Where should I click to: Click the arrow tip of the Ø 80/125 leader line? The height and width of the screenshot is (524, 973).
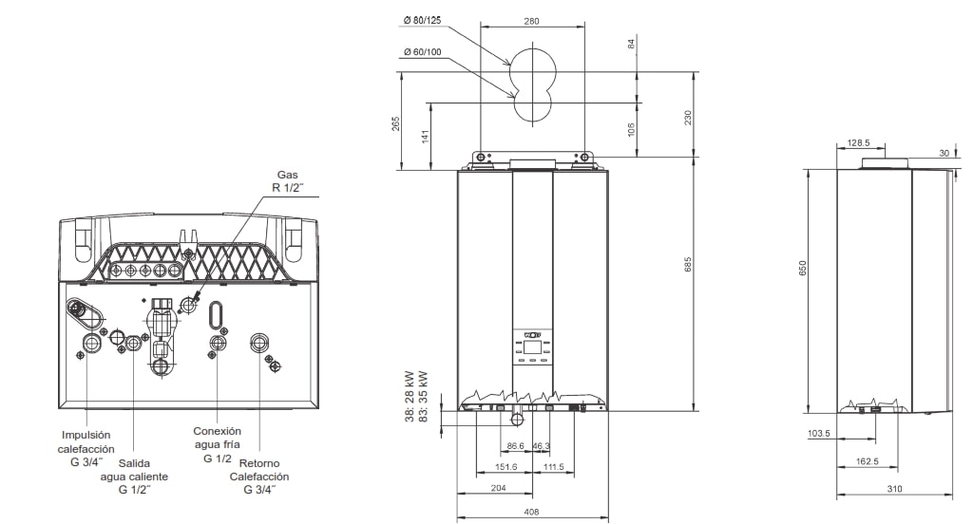pyautogui.click(x=510, y=65)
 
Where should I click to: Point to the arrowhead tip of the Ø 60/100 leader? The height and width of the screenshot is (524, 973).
pyautogui.click(x=515, y=98)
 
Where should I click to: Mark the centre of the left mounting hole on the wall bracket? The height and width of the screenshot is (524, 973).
pyautogui.click(x=480, y=158)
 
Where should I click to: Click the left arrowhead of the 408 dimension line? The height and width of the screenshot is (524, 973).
pyautogui.click(x=458, y=517)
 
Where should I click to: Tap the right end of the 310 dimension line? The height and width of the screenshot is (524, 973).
pyautogui.click(x=951, y=495)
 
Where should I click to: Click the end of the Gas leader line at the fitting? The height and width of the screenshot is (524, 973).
pyautogui.click(x=194, y=298)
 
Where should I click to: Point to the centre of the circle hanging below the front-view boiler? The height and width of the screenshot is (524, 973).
pyautogui.click(x=518, y=420)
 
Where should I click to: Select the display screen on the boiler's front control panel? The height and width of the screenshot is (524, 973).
pyautogui.click(x=532, y=346)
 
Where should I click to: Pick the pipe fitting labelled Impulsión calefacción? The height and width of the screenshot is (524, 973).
pyautogui.click(x=90, y=343)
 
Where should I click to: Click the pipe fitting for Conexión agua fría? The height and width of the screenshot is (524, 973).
pyautogui.click(x=218, y=343)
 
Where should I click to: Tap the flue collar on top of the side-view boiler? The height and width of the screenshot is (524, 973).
pyautogui.click(x=885, y=163)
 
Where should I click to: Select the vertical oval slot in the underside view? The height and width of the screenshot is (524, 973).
pyautogui.click(x=215, y=313)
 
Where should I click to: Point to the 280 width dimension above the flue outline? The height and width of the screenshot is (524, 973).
pyautogui.click(x=532, y=21)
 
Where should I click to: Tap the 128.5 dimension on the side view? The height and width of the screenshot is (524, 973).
pyautogui.click(x=859, y=142)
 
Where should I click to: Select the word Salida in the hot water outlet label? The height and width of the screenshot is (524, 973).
pyautogui.click(x=134, y=463)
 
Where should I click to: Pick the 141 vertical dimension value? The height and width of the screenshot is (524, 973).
pyautogui.click(x=426, y=136)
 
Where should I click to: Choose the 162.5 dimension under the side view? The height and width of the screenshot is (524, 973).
pyautogui.click(x=867, y=461)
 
